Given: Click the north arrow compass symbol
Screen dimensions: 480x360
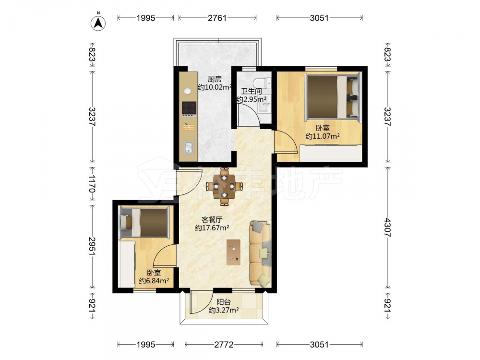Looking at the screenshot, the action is point(98,22).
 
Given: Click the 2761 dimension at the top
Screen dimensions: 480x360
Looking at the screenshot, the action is point(217,18).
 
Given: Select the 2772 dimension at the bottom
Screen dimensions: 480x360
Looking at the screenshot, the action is point(224,345).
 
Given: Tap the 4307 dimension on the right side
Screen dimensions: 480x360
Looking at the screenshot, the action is point(387,228).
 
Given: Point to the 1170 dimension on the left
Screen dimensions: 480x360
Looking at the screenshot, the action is point(92,183).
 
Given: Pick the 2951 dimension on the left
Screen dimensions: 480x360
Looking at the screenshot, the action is point(92,246).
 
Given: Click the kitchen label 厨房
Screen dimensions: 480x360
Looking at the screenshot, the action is point(214,79).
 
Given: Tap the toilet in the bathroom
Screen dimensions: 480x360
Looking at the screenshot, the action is point(262,83).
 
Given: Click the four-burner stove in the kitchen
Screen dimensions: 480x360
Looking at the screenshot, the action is point(189,108).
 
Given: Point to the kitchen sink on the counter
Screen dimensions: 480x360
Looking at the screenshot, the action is point(189,147).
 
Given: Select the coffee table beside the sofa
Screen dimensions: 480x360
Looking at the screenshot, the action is point(234,252).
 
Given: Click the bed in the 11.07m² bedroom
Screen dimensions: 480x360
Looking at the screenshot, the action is point(333,96).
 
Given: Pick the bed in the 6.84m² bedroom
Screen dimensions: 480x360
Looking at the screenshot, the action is point(144,222).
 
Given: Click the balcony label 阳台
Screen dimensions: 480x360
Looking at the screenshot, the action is point(224,302).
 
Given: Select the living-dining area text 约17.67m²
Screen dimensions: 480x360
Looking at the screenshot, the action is point(213,228).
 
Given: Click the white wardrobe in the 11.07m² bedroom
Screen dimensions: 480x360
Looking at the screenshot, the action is point(331,153).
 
